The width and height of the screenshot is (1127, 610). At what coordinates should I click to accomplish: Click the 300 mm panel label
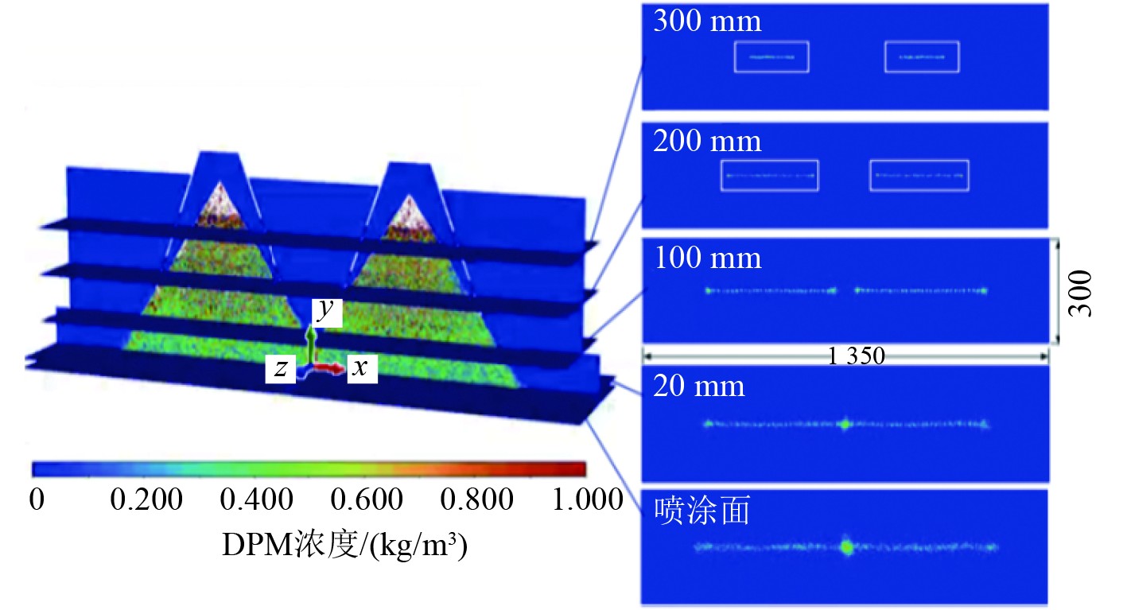[707, 21]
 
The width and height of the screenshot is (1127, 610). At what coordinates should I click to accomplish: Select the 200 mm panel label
[707, 142]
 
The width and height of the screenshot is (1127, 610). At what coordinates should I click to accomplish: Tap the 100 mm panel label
[707, 258]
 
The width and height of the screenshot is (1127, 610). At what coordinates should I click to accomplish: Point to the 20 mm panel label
[699, 387]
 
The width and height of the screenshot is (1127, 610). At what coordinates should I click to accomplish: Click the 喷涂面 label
[701, 511]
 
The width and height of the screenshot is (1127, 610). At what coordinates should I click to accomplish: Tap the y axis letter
[324, 311]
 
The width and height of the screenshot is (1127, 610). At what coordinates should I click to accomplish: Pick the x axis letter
[360, 367]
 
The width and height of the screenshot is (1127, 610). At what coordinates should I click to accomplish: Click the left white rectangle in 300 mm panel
[771, 57]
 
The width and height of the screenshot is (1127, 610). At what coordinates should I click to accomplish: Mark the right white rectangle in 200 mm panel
[919, 176]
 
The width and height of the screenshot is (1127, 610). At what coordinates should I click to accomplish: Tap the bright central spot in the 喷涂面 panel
[846, 547]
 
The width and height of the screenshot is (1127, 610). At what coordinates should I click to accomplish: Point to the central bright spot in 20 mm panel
[845, 424]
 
